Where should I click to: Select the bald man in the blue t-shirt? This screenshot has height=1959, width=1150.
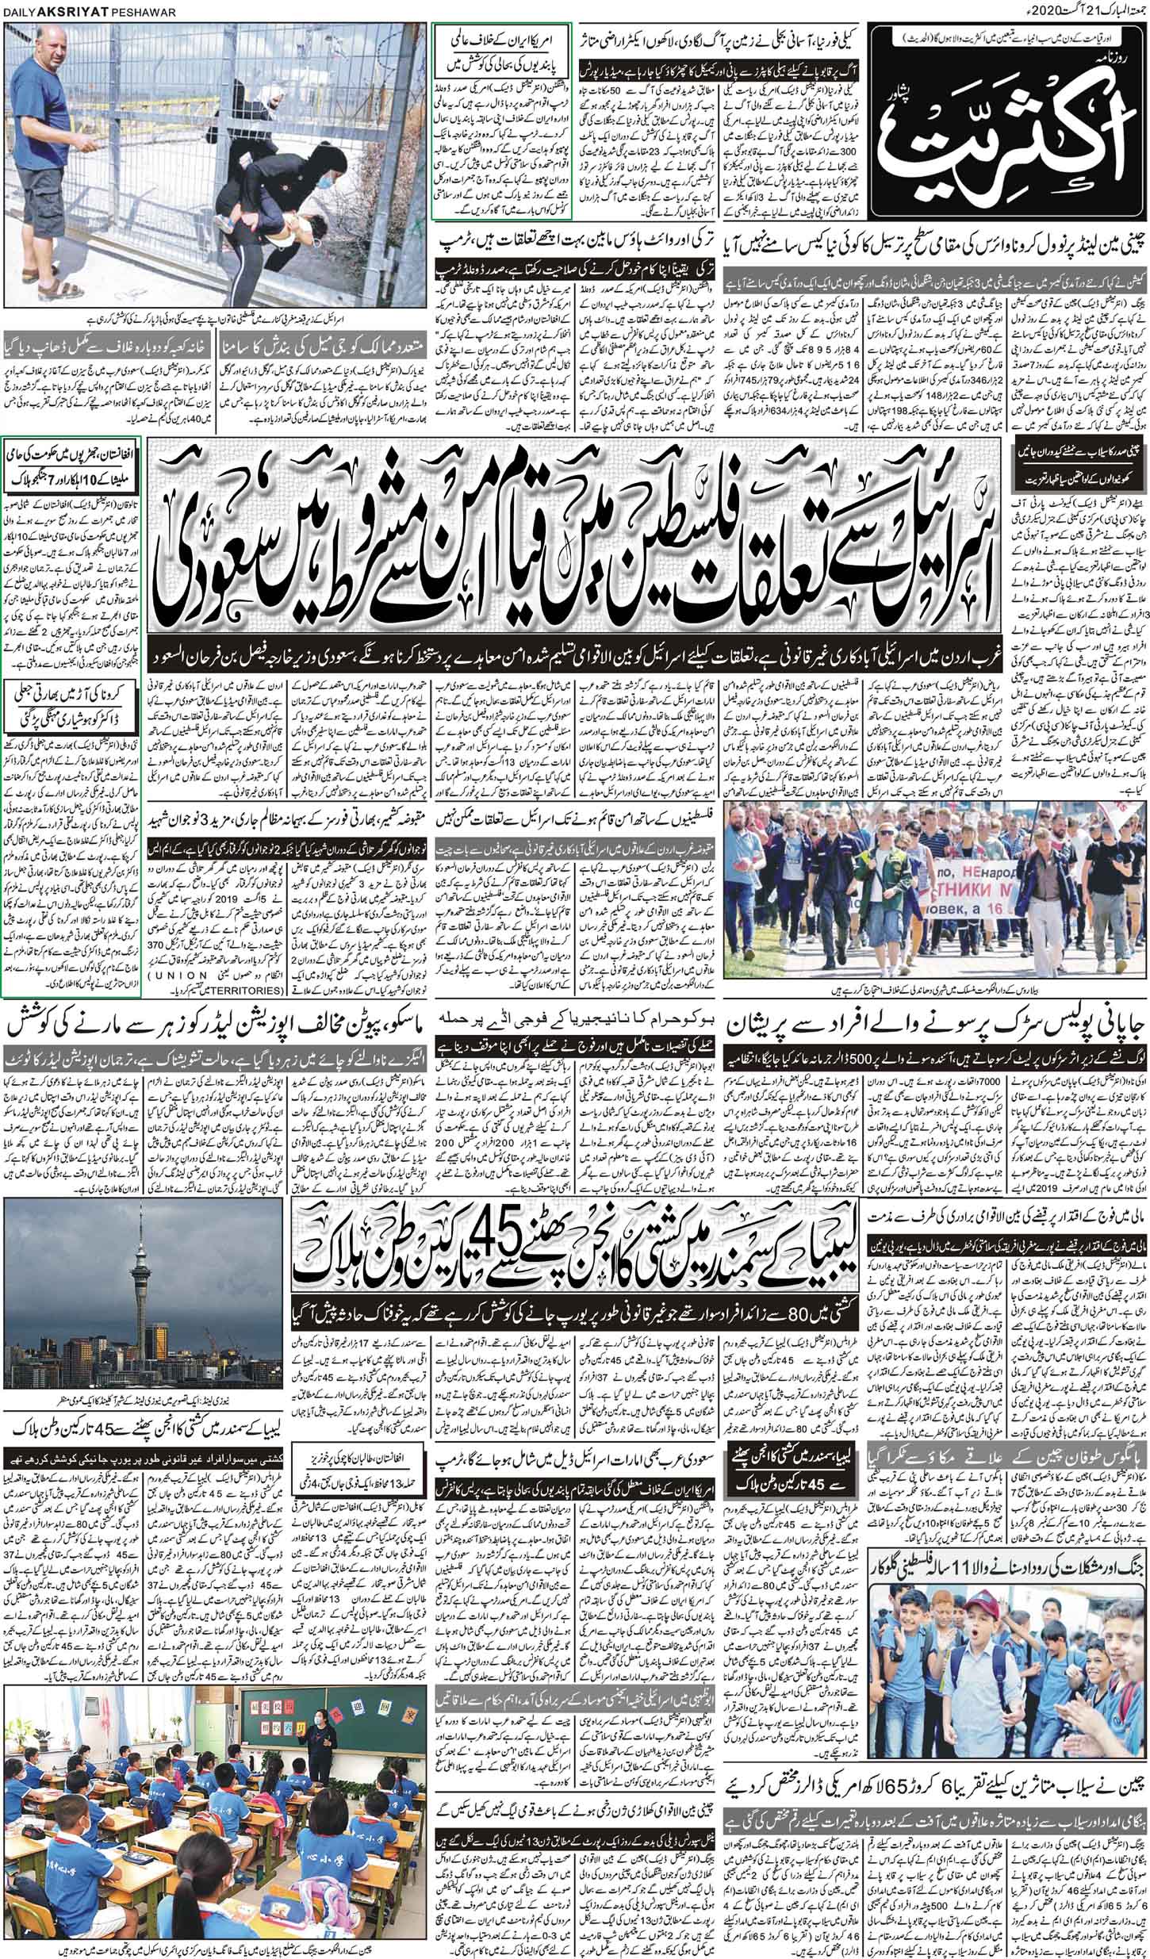point(52,143)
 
